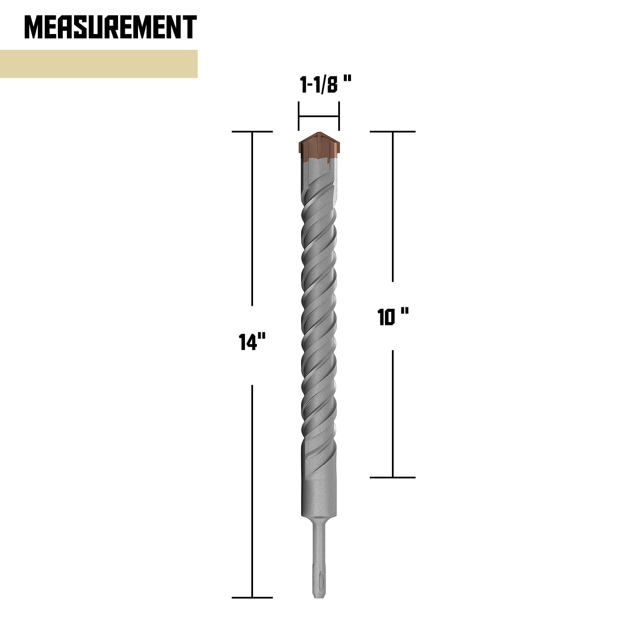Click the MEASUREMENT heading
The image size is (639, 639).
(x=110, y=27)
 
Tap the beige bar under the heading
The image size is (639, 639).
(x=98, y=64)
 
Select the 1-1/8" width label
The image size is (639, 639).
(x=325, y=85)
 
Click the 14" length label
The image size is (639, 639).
(x=252, y=342)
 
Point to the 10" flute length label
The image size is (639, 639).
(x=393, y=317)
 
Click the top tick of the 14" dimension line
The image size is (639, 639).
(x=252, y=132)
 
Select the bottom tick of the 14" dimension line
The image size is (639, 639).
(x=252, y=597)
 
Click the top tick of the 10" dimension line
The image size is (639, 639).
(x=392, y=132)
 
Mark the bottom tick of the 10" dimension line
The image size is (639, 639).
(x=392, y=477)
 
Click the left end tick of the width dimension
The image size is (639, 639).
(x=299, y=116)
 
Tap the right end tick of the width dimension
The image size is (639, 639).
(x=339, y=116)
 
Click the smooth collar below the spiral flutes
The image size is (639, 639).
(x=319, y=496)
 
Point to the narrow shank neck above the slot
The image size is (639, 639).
(x=319, y=541)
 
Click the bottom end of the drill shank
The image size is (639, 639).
(x=319, y=596)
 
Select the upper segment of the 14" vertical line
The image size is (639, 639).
(x=252, y=217)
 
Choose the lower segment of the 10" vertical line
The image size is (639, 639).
(x=392, y=413)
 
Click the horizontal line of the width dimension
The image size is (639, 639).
(x=319, y=116)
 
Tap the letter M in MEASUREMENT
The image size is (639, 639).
(x=34, y=27)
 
